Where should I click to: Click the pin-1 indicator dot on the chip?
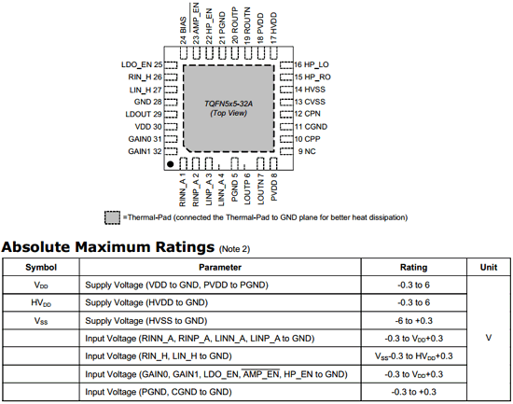[x=170, y=164]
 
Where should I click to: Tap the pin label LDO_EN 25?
[x=142, y=64]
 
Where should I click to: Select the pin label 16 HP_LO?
[x=312, y=64]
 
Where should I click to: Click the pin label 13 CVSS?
[x=310, y=102]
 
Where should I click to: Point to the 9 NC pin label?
[x=307, y=151]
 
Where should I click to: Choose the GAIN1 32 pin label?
[x=145, y=151]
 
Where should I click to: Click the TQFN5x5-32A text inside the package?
[x=229, y=104]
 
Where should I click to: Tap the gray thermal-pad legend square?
[x=112, y=217]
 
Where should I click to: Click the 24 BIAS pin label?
[x=183, y=30]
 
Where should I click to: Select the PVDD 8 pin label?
[x=274, y=187]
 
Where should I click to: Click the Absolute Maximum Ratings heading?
[x=108, y=247]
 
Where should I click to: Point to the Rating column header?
[x=413, y=268]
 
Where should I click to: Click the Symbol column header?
[x=41, y=267]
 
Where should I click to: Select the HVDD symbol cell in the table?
[x=41, y=303]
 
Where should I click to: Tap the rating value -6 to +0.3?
[x=413, y=321]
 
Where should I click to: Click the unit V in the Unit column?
[x=489, y=338]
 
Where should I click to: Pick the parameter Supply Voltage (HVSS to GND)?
[x=146, y=321]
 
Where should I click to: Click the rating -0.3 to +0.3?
[x=413, y=392]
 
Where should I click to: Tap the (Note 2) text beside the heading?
[x=234, y=249]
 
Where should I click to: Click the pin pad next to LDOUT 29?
[x=171, y=114]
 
